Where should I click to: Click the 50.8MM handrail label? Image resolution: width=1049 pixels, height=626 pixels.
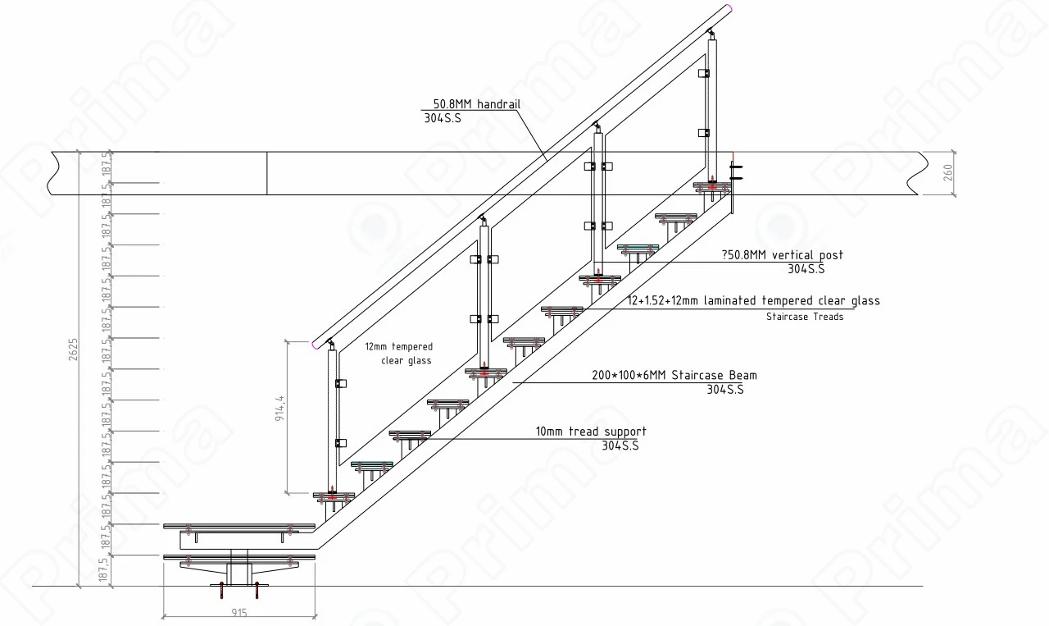point(476,104)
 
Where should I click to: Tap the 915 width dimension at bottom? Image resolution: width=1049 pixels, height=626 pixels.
point(239,612)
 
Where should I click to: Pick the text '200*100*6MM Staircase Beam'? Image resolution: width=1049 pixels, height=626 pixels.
point(674,376)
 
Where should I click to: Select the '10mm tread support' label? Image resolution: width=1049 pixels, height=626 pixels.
point(591,432)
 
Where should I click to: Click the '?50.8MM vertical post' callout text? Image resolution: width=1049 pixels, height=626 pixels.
point(783,255)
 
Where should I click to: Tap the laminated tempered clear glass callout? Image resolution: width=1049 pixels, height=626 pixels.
point(753,301)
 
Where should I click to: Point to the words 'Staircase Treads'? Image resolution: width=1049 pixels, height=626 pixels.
point(804,317)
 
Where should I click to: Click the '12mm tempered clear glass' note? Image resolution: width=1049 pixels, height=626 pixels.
point(405,354)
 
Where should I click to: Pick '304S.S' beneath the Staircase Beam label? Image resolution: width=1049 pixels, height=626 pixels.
point(724,390)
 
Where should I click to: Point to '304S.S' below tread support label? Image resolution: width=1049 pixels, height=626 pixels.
point(620,446)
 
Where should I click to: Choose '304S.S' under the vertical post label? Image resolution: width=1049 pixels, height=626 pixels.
point(806,269)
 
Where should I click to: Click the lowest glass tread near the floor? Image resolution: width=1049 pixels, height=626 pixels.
point(238,558)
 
